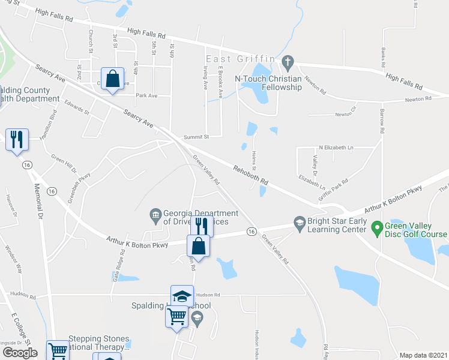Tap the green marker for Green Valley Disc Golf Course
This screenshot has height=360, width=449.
[x=377, y=227]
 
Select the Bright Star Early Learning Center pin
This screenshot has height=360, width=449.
[x=299, y=223]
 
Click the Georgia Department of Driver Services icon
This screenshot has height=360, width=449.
[x=155, y=214]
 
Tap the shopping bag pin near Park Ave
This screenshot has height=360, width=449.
[x=112, y=79]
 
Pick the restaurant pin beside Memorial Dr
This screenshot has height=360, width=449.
[x=17, y=140]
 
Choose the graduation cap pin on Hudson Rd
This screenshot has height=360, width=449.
[x=182, y=296]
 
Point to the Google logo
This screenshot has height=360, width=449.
[x=20, y=353]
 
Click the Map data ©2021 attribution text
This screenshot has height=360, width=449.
[x=423, y=355]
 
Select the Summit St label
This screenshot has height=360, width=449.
[x=196, y=137]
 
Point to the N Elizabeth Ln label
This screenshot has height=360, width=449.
[x=336, y=147]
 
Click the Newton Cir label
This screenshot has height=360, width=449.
[x=345, y=113]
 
